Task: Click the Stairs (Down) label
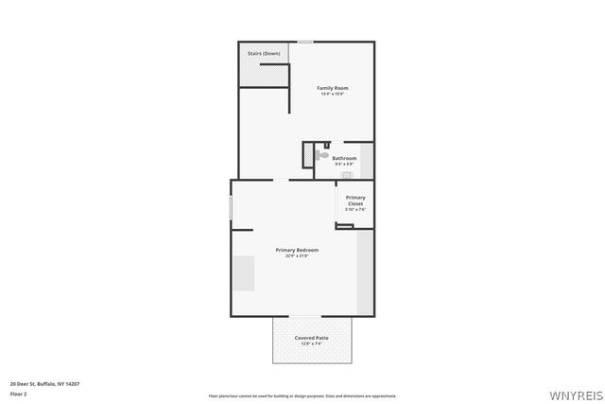[x=264, y=53]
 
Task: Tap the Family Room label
[x=332, y=88]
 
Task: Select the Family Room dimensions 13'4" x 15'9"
[x=332, y=94]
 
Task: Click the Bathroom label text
[x=344, y=158]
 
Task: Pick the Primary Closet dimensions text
[x=355, y=209]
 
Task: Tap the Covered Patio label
[x=312, y=338]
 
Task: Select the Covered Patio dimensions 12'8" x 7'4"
[x=312, y=343]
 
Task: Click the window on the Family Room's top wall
[x=305, y=42]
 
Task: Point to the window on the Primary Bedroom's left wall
[x=231, y=207]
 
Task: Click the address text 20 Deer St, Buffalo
[x=44, y=383]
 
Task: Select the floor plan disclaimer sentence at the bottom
[x=302, y=395]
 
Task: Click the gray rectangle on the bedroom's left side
[x=243, y=273]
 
